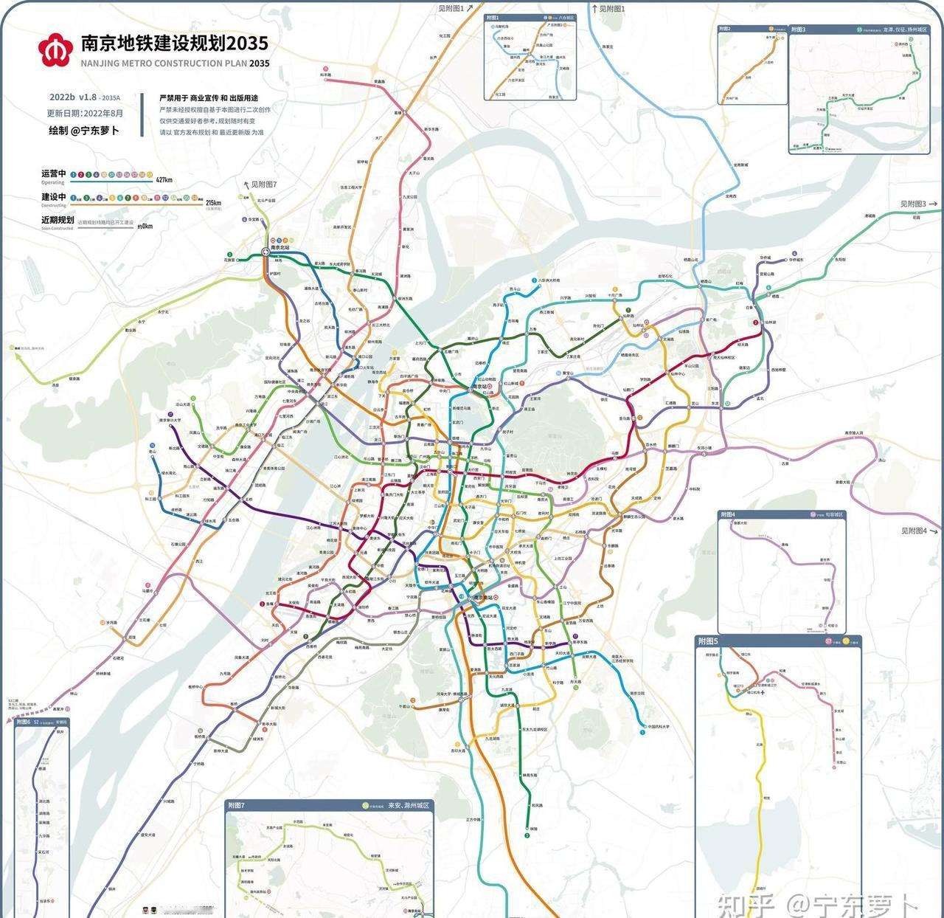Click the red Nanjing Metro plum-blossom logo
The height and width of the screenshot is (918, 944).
click(x=56, y=49)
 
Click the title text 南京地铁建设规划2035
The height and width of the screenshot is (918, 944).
click(x=174, y=43)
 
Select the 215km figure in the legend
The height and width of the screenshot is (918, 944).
click(x=212, y=202)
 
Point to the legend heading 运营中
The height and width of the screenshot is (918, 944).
click(x=53, y=173)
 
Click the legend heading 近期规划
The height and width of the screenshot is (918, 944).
click(x=57, y=220)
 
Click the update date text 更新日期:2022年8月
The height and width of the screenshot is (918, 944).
click(x=85, y=114)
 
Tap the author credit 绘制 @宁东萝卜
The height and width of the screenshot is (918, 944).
click(x=83, y=131)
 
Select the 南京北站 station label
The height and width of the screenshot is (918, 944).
click(x=285, y=248)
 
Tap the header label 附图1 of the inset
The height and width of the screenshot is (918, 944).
click(x=493, y=18)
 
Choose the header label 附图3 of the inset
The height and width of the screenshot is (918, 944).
click(x=799, y=30)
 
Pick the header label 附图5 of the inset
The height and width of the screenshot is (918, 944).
click(x=708, y=641)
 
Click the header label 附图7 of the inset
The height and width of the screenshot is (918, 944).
click(x=236, y=805)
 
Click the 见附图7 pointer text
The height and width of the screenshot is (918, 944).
click(x=263, y=184)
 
